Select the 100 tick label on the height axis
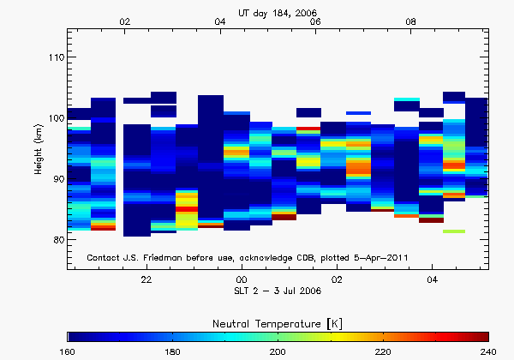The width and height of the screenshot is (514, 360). (52, 118)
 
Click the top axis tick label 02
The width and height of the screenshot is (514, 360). (125, 21)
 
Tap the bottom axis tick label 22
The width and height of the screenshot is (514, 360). (146, 280)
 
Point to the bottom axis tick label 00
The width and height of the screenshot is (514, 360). (242, 280)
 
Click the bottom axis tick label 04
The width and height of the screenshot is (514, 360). (432, 280)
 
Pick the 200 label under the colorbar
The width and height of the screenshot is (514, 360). (278, 351)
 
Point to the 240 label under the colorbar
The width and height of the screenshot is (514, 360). (488, 351)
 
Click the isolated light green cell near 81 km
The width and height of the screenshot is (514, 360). (454, 231)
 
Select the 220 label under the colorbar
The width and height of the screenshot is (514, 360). (384, 351)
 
